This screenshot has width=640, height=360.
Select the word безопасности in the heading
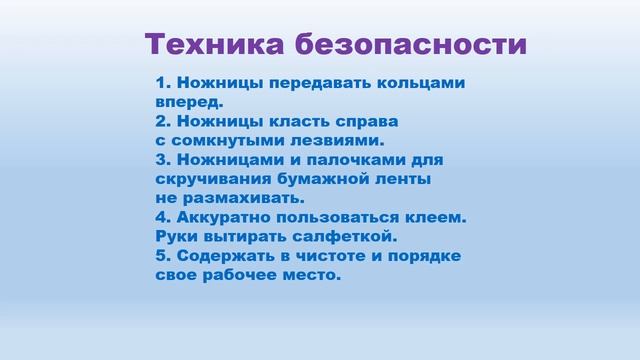pyautogui.click(x=410, y=44)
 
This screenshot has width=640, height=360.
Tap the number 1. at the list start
pyautogui.click(x=164, y=82)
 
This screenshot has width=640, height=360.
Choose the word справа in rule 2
pyautogui.click(x=363, y=121)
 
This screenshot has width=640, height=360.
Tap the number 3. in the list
pyautogui.click(x=164, y=160)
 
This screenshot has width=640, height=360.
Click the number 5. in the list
pyautogui.click(x=164, y=256)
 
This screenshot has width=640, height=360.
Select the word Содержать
pyautogui.click(x=227, y=256)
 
